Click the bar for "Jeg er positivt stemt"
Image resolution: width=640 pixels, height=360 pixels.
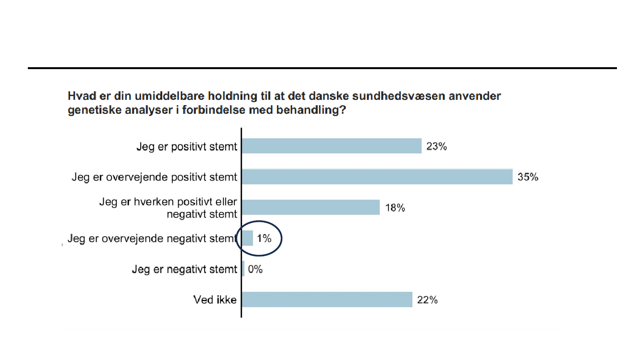click(331, 146)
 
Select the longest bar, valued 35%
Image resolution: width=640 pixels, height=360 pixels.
click(377, 177)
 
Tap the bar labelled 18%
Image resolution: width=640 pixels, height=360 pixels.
click(311, 207)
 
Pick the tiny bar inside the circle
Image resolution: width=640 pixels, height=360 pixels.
click(247, 238)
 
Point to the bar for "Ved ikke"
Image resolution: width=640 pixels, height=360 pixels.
click(327, 300)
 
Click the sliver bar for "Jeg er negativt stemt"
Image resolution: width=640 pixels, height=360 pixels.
click(243, 269)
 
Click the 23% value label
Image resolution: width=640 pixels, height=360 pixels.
click(436, 146)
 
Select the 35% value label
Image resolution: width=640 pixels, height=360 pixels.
click(528, 177)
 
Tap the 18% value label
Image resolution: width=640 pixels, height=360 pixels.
click(395, 208)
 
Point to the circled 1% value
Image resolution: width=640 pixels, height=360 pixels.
click(264, 239)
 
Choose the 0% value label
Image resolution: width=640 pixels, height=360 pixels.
click(255, 269)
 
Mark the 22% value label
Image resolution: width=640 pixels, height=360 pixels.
click(427, 300)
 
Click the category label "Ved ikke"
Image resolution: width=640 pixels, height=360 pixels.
click(215, 300)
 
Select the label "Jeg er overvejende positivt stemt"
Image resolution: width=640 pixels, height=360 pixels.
click(154, 177)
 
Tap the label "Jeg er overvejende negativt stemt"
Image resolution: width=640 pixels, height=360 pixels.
click(152, 239)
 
